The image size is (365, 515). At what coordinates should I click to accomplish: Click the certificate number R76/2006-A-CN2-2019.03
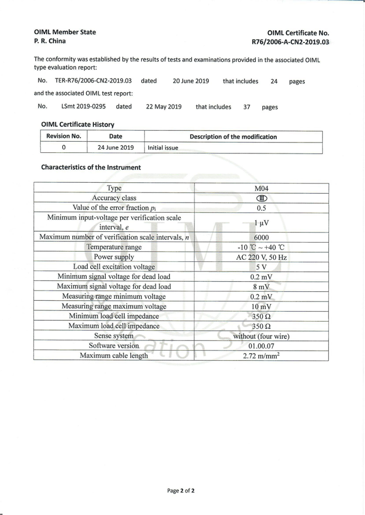click(290, 41)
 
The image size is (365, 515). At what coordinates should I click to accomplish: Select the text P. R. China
click(50, 41)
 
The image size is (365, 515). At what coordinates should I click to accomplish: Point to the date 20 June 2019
click(191, 81)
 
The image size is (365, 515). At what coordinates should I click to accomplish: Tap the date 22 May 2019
click(164, 107)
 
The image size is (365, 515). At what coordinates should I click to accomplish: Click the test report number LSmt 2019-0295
click(83, 107)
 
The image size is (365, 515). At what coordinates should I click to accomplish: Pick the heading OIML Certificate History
click(78, 124)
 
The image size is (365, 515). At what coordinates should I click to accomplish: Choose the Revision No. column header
click(63, 136)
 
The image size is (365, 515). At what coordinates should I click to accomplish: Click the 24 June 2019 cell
click(115, 148)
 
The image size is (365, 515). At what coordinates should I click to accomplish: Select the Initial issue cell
click(162, 148)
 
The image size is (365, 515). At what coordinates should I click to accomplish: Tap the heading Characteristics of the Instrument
click(91, 167)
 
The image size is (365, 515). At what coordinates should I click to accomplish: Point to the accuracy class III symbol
click(261, 198)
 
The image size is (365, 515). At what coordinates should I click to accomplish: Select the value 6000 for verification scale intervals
click(261, 237)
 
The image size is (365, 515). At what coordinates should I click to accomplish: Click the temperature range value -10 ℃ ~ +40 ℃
click(261, 247)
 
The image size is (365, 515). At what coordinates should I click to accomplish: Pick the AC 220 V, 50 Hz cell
click(261, 257)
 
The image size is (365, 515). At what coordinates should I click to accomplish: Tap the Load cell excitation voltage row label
click(114, 267)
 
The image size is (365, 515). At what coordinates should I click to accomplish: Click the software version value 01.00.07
click(261, 346)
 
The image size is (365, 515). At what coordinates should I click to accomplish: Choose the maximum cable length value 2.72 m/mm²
click(261, 355)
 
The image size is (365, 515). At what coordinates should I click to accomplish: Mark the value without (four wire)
click(261, 336)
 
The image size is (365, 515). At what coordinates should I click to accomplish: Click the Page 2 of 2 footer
click(181, 491)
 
